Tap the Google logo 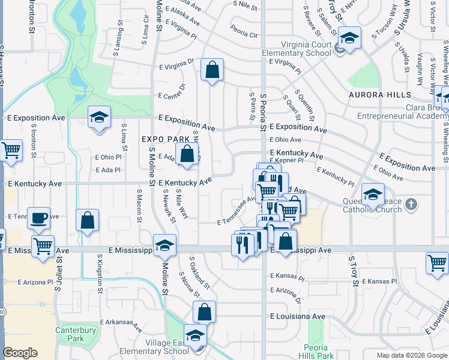click(20, 353)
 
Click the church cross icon click(411, 205)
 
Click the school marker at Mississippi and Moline click(164, 245)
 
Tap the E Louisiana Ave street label click(297, 316)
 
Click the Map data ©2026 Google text click(412, 355)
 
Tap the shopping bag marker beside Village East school click(204, 312)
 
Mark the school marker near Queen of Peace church click(373, 194)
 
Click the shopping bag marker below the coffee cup click(88, 220)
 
